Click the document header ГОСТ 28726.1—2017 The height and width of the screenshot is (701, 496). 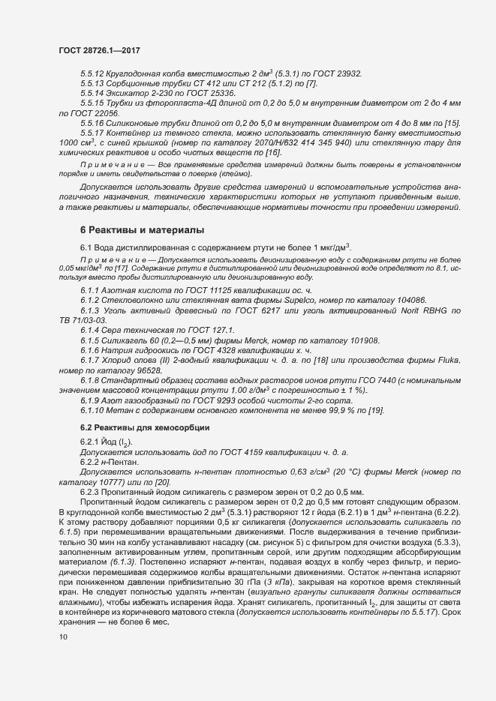[x=99, y=49]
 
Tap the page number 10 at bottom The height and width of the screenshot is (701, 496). [x=62, y=637]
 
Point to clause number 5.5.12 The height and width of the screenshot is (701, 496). [x=93, y=73]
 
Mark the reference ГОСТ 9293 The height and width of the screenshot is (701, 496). [x=215, y=401]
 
